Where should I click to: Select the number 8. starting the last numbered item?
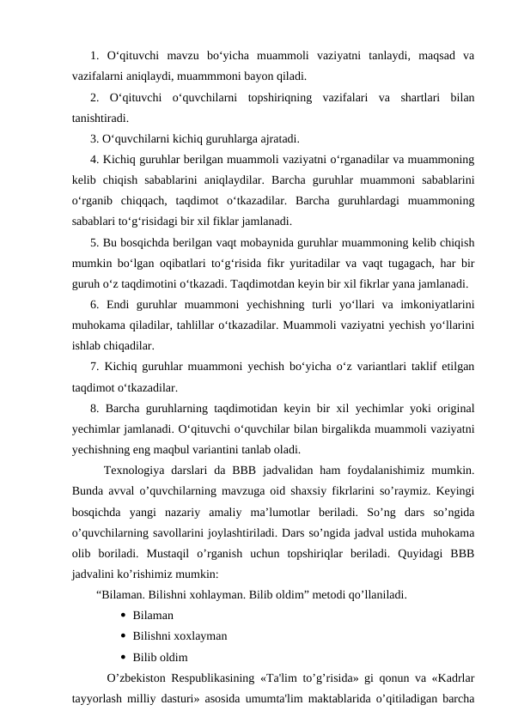pyautogui.click(x=94, y=409)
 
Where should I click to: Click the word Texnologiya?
pyautogui.click(x=136, y=471)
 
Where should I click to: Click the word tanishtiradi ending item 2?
pyautogui.click(x=102, y=119)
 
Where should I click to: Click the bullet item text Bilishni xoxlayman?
pyautogui.click(x=180, y=636)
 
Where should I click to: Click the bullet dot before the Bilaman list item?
pyautogui.click(x=125, y=616)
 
